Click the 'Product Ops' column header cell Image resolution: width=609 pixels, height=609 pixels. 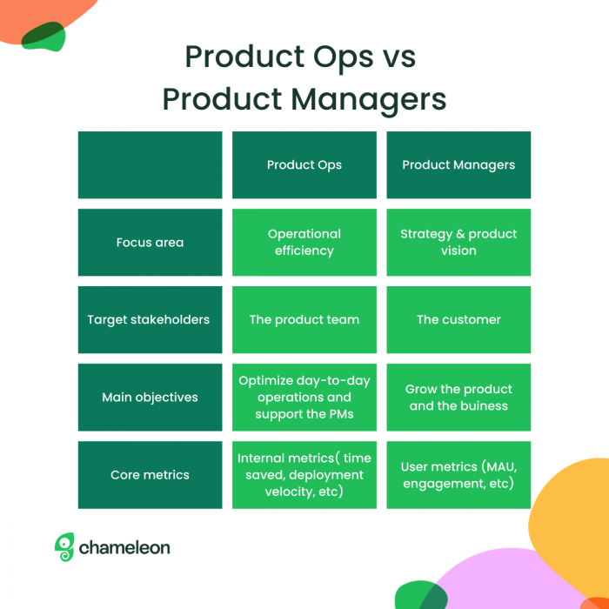[x=304, y=165]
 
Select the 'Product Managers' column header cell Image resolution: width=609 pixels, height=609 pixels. [x=458, y=165]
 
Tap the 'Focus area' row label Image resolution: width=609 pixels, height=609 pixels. [x=150, y=243]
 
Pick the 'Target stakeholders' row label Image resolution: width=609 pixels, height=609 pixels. [x=150, y=320]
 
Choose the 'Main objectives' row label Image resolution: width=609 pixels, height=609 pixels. [x=150, y=398]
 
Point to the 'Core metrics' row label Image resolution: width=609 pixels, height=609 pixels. [x=150, y=475]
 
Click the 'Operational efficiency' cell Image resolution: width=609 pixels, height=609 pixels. [x=304, y=243]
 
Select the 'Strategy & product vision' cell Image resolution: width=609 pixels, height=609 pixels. [x=458, y=243]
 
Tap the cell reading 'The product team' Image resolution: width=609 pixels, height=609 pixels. [x=304, y=320]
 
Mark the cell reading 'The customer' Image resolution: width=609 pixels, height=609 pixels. [x=458, y=320]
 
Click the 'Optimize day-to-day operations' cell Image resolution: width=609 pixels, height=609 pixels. [x=304, y=398]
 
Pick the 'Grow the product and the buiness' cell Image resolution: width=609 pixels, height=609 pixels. [x=458, y=398]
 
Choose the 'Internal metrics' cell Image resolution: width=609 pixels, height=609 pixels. [x=304, y=475]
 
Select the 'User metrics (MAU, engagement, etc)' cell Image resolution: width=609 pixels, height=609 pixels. [x=458, y=475]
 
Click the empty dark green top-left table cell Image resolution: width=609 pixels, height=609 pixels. [x=150, y=165]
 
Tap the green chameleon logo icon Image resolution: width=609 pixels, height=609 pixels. [x=64, y=547]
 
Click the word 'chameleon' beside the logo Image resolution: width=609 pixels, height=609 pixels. [x=124, y=548]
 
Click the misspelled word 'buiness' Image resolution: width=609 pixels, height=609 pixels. [x=484, y=406]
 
